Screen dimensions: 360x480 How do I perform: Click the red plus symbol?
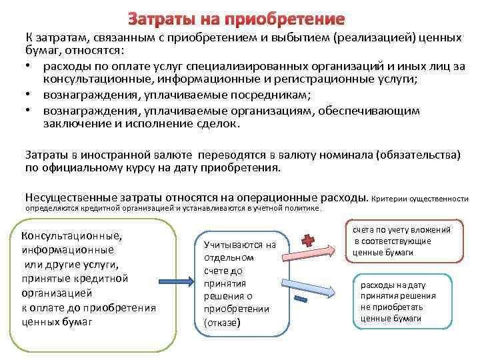tap(307, 241)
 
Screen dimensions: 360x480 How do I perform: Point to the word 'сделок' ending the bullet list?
tap(221, 123)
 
